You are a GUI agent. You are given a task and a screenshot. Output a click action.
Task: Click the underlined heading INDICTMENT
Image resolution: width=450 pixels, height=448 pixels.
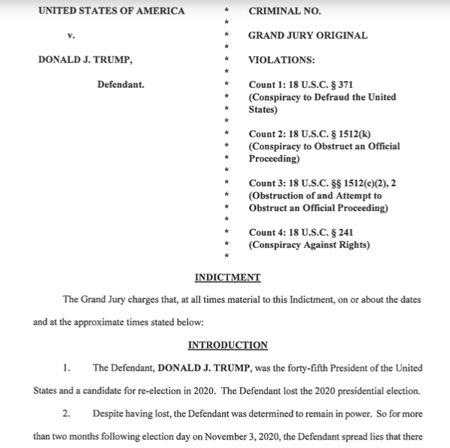coord(227,277)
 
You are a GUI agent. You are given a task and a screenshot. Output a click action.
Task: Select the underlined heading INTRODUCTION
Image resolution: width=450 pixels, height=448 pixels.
coord(227,345)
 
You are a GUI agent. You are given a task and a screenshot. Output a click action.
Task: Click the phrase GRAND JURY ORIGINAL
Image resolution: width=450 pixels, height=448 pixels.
coord(307,35)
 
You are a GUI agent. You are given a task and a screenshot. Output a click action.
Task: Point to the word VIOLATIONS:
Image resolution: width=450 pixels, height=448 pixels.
coord(281,60)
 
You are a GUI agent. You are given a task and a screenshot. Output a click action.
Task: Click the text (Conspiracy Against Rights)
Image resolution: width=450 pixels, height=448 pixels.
coord(309,245)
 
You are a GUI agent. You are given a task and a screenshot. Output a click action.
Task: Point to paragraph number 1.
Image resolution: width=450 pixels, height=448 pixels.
coord(67,368)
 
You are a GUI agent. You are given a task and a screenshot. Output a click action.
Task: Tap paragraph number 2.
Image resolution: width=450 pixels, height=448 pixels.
coord(67,413)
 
